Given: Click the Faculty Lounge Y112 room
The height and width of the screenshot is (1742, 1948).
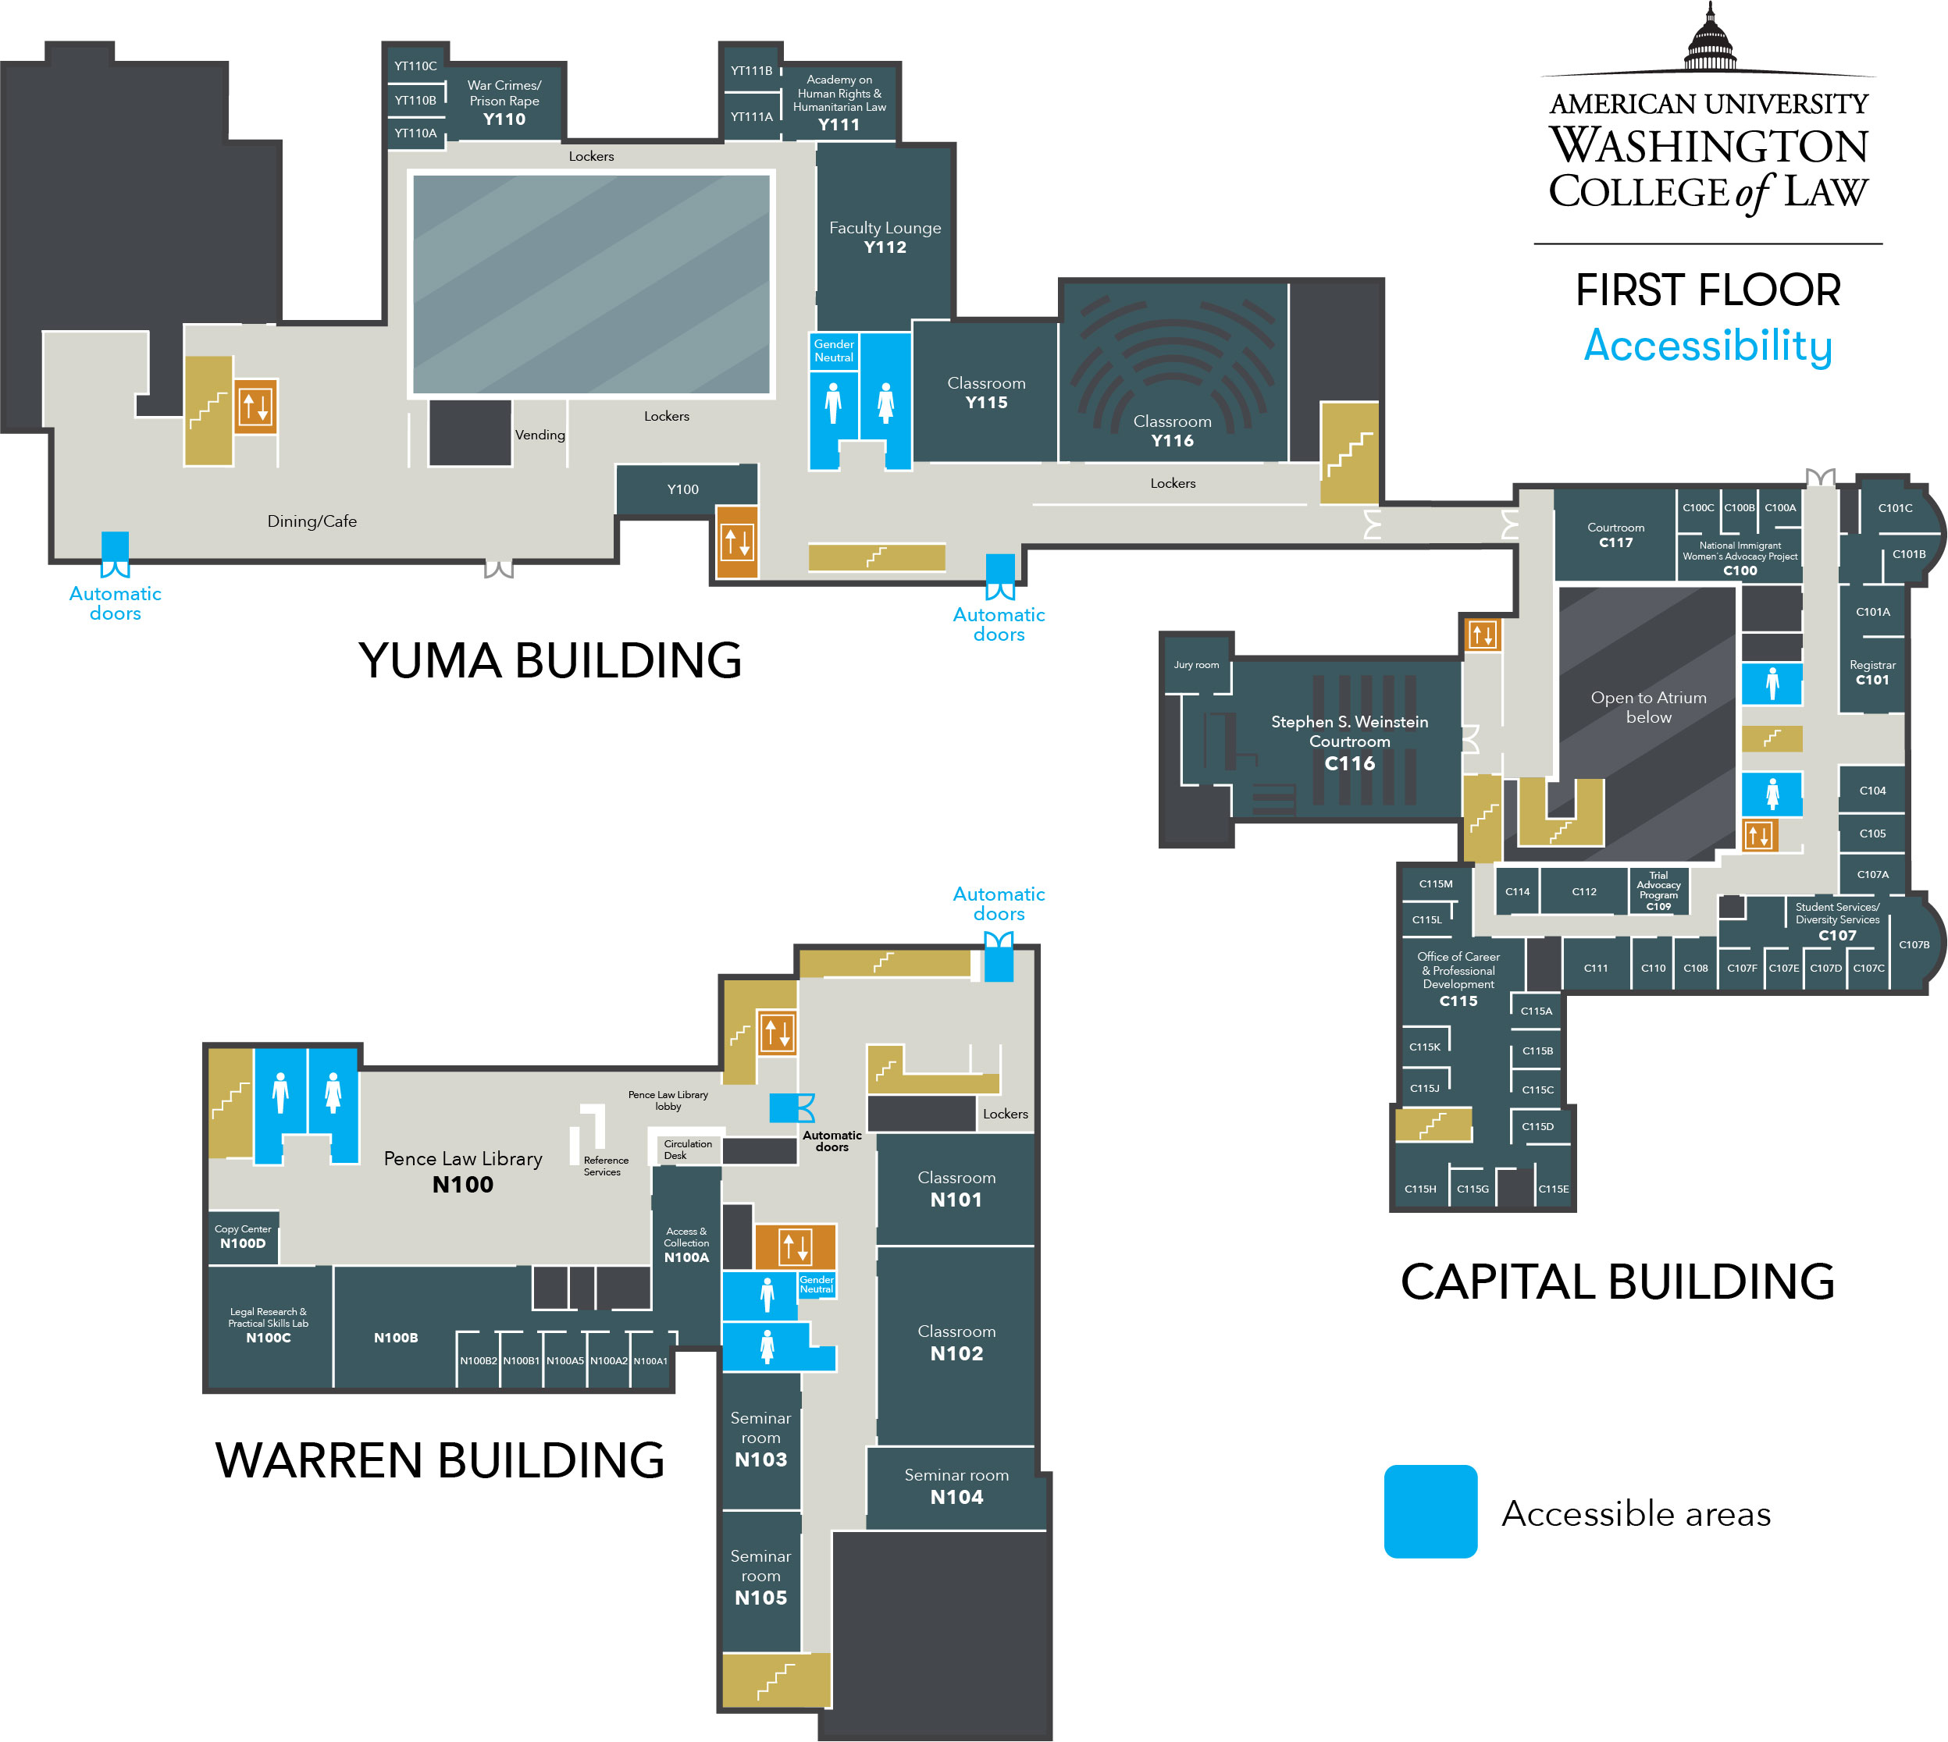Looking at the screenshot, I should (x=885, y=236).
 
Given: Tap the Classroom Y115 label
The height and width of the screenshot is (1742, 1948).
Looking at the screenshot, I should (x=986, y=393).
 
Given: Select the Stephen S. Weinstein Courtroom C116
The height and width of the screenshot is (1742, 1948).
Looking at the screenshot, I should (x=1348, y=741).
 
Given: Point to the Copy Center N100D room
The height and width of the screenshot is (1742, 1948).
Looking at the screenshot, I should (x=243, y=1236).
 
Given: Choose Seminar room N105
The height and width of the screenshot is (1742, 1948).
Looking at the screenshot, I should (x=760, y=1577).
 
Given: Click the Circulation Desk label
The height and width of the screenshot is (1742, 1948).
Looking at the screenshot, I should (x=687, y=1150).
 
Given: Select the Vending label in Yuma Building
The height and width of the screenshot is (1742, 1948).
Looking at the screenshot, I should (x=540, y=435).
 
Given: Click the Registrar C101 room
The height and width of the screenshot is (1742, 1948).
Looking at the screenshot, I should (x=1871, y=672).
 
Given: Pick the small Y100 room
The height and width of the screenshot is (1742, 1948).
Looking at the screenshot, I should (x=682, y=489).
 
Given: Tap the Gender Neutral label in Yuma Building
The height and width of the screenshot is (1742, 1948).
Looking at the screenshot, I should (x=834, y=350).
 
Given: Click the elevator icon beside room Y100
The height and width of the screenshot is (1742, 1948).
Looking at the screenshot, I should (x=737, y=542).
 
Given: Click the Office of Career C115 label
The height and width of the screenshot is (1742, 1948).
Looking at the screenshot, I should (x=1458, y=978).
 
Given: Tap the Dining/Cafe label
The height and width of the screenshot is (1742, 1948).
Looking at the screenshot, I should (x=312, y=521).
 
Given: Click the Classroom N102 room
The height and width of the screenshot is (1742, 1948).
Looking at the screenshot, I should (x=956, y=1342).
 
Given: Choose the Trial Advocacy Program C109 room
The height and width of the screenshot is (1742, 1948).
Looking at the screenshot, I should (x=1658, y=891).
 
